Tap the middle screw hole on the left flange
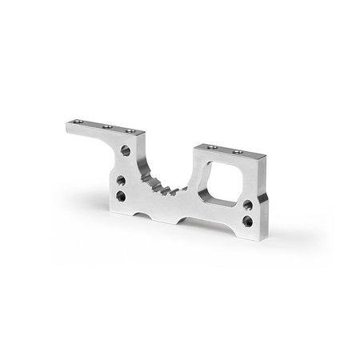106,126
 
